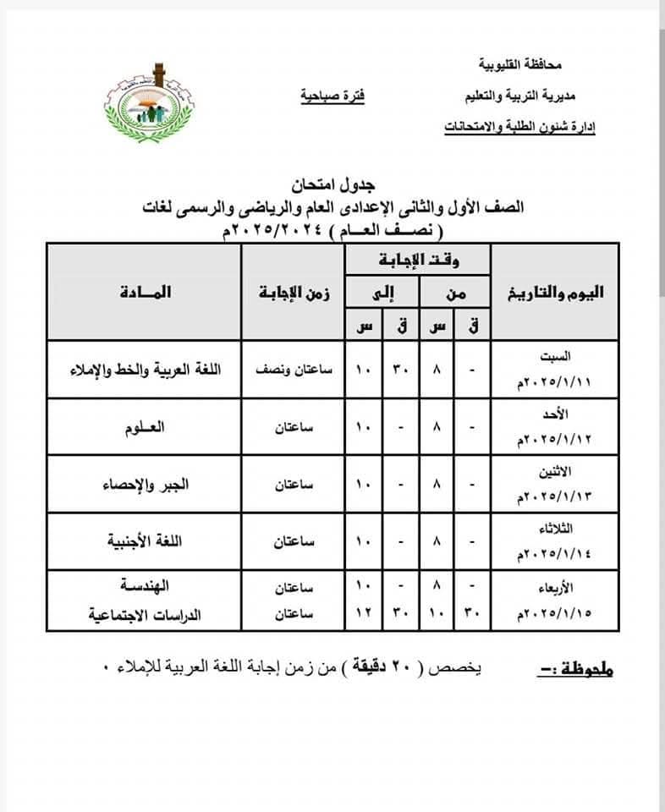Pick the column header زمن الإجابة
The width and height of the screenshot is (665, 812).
point(293,292)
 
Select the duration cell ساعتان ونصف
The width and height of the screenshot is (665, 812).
point(293,370)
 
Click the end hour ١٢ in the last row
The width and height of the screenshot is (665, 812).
point(363,615)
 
